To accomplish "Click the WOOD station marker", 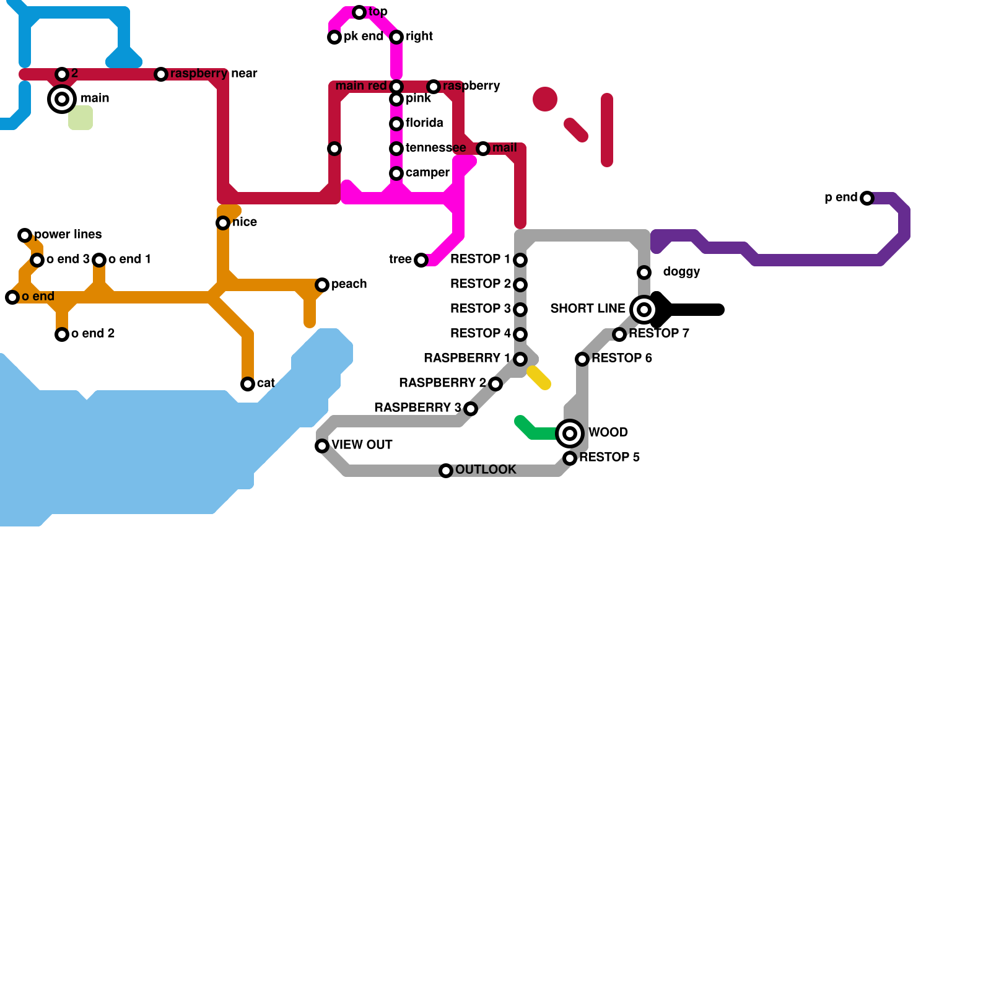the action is [x=570, y=434].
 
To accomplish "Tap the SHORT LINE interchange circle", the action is [x=644, y=310].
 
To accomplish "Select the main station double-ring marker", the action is [x=62, y=99].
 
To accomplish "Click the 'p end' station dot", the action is [x=867, y=198].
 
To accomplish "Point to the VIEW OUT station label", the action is [x=362, y=445].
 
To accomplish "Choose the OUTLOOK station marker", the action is [x=446, y=471].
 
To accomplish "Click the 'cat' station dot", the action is [x=248, y=384].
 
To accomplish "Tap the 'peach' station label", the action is [x=349, y=284].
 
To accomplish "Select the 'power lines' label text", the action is [x=68, y=234].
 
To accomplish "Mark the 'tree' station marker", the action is [x=421, y=260].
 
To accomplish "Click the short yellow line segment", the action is [x=539, y=378].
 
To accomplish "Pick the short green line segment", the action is [x=536, y=429].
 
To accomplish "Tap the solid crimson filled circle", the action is [x=545, y=99].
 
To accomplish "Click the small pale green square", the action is [x=81, y=118].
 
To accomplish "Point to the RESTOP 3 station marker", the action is [x=520, y=310].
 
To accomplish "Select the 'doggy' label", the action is [x=681, y=272].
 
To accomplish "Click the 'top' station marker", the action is [x=359, y=12].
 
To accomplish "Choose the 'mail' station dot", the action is [x=483, y=149].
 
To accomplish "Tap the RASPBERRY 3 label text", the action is [x=418, y=408].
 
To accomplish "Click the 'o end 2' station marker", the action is [x=62, y=334].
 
